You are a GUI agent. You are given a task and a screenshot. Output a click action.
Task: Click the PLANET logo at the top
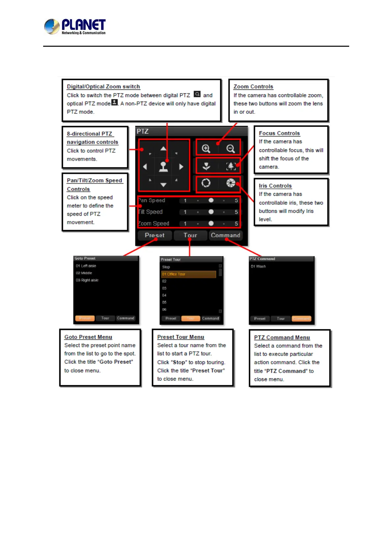tap(75, 26)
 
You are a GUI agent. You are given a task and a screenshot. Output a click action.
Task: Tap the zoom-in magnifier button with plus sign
tap(206, 149)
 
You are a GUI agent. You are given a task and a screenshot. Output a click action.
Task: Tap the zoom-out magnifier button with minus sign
tap(231, 149)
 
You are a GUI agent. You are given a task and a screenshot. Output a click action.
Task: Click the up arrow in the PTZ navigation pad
tap(163, 149)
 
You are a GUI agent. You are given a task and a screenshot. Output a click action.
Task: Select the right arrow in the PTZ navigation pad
tap(181, 167)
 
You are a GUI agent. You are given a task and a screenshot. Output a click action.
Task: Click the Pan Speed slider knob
tap(211, 200)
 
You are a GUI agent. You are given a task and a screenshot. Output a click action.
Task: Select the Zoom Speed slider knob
tap(211, 223)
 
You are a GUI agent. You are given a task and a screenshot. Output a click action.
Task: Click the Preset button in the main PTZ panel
tap(154, 235)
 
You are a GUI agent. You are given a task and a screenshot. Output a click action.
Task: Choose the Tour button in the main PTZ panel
tap(190, 235)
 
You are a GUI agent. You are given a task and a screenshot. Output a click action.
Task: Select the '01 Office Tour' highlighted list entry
tap(188, 274)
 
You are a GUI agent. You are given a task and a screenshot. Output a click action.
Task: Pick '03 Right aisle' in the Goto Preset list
tap(87, 280)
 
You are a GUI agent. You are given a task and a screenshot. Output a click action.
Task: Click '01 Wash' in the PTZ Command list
tap(258, 266)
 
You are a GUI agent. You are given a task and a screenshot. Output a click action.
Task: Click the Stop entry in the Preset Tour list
tap(166, 267)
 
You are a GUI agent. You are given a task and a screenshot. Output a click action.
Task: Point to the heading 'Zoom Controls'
tap(253, 87)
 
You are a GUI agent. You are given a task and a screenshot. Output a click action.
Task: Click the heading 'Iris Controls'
tap(275, 186)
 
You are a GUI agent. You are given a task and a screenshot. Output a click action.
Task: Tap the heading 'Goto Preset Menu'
tap(88, 337)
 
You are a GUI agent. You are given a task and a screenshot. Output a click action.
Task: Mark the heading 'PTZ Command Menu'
tap(282, 338)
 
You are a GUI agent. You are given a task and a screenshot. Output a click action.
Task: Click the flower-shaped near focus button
tap(207, 166)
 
